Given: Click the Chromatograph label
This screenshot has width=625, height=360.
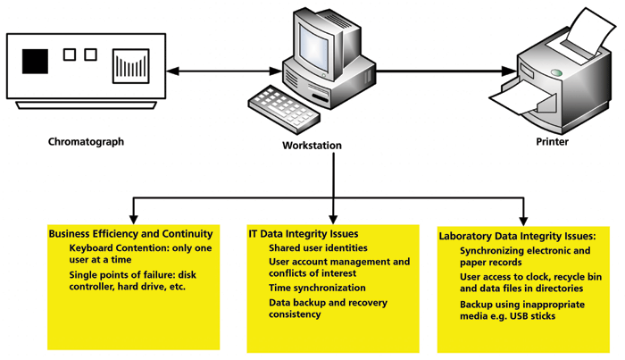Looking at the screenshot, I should tap(87, 141).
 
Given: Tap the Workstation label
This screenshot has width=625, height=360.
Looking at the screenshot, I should tap(312, 146).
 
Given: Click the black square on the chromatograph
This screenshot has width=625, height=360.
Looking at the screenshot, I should tap(36, 61).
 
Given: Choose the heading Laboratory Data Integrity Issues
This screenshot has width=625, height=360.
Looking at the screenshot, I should tap(517, 237).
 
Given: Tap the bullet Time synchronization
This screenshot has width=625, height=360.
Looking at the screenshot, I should tap(317, 289).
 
